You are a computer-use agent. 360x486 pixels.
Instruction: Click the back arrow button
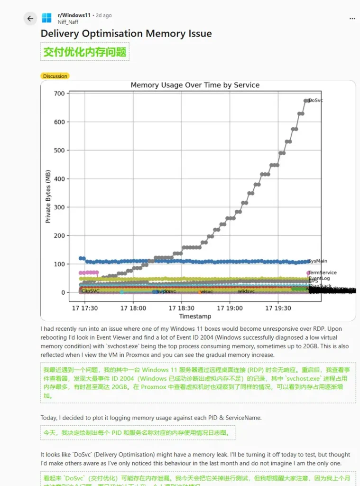pyautogui.click(x=30, y=19)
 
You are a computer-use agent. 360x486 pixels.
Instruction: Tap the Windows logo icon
pyautogui.click(x=46, y=18)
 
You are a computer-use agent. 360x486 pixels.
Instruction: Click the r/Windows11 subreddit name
pyautogui.click(x=74, y=15)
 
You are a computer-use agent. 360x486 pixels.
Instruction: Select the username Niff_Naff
pyautogui.click(x=68, y=22)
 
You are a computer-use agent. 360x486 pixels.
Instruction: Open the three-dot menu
pyautogui.click(x=352, y=19)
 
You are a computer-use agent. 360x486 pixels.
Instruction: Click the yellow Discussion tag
pyautogui.click(x=55, y=76)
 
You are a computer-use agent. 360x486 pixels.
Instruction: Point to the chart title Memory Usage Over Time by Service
pyautogui.click(x=195, y=85)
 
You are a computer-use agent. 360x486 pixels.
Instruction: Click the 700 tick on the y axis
pyautogui.click(x=59, y=93)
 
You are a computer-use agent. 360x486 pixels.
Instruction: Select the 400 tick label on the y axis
pyautogui.click(x=59, y=179)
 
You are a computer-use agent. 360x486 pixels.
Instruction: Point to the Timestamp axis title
pyautogui.click(x=195, y=316)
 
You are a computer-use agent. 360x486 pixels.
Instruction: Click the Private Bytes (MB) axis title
pyautogui.click(x=48, y=196)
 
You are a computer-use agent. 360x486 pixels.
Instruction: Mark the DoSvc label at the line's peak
pyautogui.click(x=316, y=101)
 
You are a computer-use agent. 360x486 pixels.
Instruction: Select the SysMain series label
pyautogui.click(x=318, y=261)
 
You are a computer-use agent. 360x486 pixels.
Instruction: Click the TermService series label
pyautogui.click(x=323, y=272)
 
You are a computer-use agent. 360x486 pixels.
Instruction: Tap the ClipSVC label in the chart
pyautogui.click(x=91, y=291)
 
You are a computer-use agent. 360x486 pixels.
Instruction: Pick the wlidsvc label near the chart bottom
pyautogui.click(x=246, y=291)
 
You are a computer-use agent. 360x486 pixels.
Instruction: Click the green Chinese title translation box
pyautogui.click(x=85, y=52)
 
